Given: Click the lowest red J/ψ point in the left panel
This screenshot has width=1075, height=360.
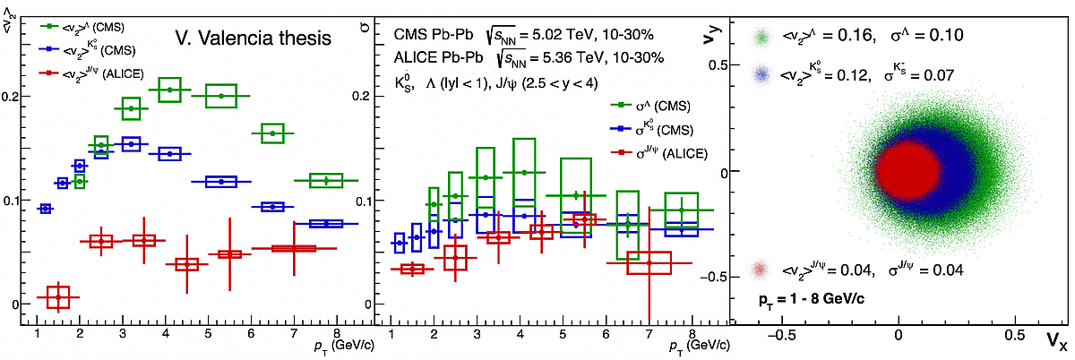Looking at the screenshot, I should click(x=58, y=296).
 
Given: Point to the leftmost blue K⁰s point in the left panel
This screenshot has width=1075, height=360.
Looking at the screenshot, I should click(x=45, y=209).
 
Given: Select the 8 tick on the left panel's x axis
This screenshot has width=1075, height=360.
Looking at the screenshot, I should click(x=334, y=333).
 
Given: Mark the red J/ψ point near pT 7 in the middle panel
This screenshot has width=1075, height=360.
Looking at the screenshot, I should click(x=649, y=262).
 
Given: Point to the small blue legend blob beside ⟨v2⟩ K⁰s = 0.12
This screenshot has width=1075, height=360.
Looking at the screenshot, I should click(x=762, y=75).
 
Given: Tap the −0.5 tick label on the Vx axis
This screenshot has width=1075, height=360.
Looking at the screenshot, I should click(x=783, y=332).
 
